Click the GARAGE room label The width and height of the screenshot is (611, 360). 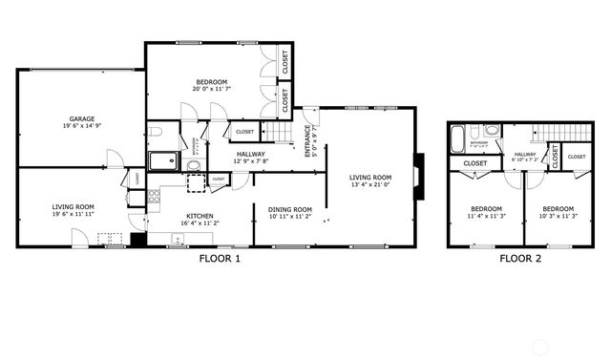tap(80, 116)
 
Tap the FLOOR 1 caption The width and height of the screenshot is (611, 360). tap(220, 258)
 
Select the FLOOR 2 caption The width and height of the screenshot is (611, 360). tap(520, 258)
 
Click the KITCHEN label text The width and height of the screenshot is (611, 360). tap(200, 216)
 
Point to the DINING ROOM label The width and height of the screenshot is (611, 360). tap(289, 209)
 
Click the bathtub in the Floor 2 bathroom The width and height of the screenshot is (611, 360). tap(458, 141)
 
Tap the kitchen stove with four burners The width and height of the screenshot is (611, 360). tap(153, 198)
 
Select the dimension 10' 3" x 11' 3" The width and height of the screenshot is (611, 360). tap(558, 217)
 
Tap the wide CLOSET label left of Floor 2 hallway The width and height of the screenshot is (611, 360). tap(475, 163)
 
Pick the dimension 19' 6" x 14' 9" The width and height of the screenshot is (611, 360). tap(80, 124)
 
